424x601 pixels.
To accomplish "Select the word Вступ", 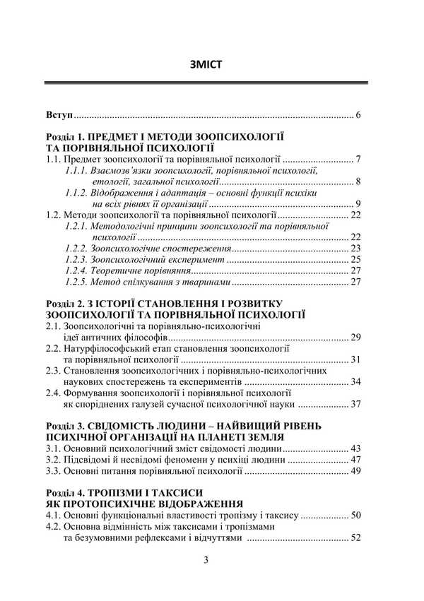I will pos(59,114).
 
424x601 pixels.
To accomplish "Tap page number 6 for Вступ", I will pos(359,114).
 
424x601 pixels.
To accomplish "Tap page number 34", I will pos(356,382).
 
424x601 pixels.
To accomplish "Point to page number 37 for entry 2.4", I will pos(356,405).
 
